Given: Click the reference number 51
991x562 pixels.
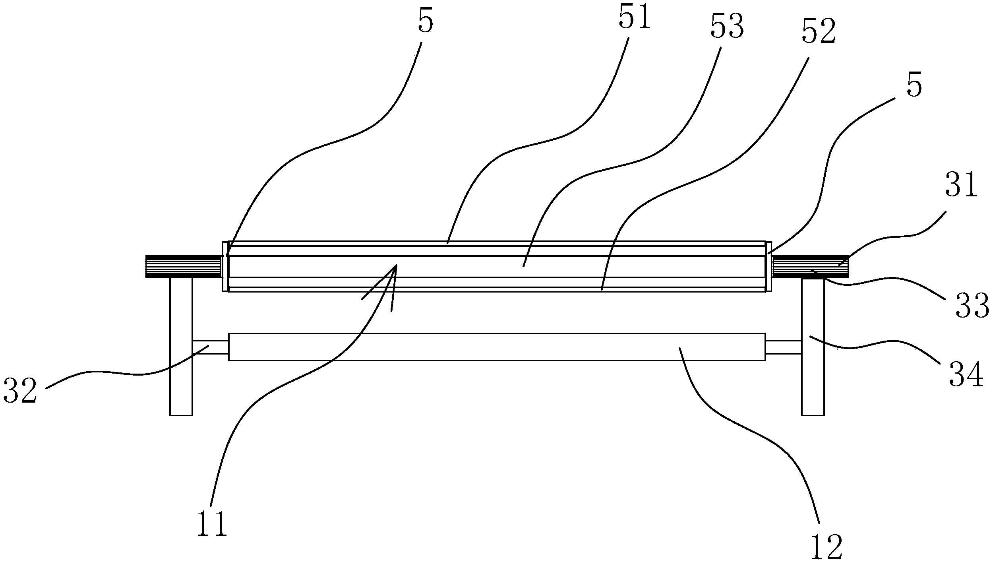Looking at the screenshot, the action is [x=634, y=17].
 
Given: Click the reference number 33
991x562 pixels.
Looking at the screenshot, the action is [x=972, y=306].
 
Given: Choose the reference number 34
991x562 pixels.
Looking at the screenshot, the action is [x=966, y=375].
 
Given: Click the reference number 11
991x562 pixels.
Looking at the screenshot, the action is [x=212, y=524].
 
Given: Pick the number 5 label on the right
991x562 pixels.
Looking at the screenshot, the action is [x=914, y=85].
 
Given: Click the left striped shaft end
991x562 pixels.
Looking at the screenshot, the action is [x=184, y=266].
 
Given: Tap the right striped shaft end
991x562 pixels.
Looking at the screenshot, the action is [x=810, y=267].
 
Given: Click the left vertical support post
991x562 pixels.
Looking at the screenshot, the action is [x=181, y=346].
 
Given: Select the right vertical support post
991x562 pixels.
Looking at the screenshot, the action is [x=813, y=347].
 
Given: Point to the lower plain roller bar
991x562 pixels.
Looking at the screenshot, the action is [x=497, y=347].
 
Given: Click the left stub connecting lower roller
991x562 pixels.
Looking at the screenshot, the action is [x=211, y=347].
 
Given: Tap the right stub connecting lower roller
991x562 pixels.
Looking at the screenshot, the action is [x=783, y=347].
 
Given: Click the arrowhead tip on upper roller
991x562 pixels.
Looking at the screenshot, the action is [x=396, y=265].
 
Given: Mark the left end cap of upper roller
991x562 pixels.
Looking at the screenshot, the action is [x=226, y=267].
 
